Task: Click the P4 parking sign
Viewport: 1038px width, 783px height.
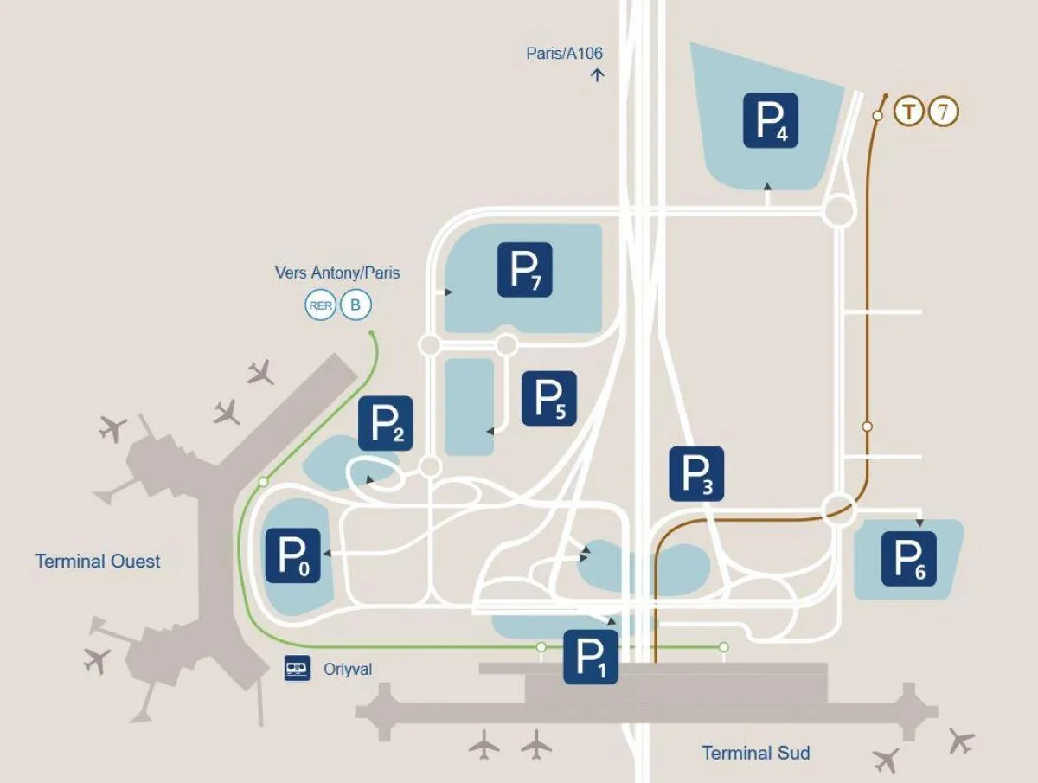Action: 770,120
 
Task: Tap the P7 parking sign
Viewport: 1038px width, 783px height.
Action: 524,269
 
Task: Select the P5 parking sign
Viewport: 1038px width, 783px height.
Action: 548,398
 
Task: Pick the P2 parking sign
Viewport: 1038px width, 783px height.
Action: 385,423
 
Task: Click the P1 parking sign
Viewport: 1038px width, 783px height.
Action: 591,657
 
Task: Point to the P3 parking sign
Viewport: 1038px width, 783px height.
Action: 696,473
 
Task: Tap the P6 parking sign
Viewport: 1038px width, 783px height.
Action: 908,558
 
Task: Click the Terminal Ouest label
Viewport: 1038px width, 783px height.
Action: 98,561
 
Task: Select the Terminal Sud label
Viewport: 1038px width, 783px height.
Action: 755,753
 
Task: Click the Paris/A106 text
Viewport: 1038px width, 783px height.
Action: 565,53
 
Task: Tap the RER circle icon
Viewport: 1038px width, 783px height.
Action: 320,305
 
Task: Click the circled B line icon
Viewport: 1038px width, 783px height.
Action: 355,305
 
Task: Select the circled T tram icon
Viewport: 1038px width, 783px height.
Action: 908,112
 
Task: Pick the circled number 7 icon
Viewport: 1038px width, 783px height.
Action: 944,112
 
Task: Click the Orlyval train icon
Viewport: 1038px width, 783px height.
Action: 297,669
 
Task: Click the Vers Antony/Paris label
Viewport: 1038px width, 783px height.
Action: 337,273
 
